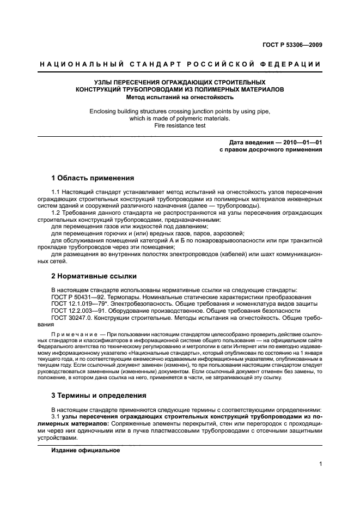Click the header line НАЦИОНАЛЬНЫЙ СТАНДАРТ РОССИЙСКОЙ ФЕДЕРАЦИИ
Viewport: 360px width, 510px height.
point(180,64)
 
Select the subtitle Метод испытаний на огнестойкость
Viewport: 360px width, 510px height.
point(180,98)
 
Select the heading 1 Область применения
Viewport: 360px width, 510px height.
point(93,178)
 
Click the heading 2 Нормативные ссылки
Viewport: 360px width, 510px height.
point(94,276)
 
